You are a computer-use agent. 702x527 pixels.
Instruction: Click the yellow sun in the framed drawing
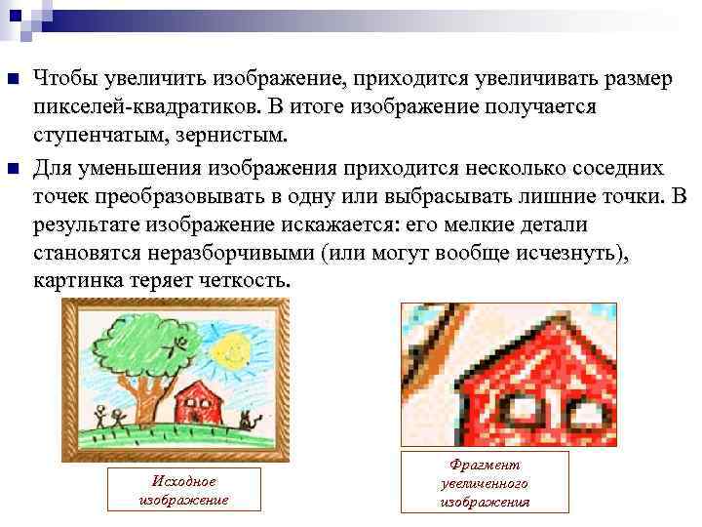(232, 346)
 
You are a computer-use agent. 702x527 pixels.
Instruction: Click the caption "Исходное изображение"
(184, 490)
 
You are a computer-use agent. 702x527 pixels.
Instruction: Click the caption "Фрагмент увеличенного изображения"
(486, 484)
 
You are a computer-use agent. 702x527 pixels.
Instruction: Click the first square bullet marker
(13, 78)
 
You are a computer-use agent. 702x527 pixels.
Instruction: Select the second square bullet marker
(13, 170)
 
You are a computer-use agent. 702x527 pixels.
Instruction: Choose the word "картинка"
(76, 281)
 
